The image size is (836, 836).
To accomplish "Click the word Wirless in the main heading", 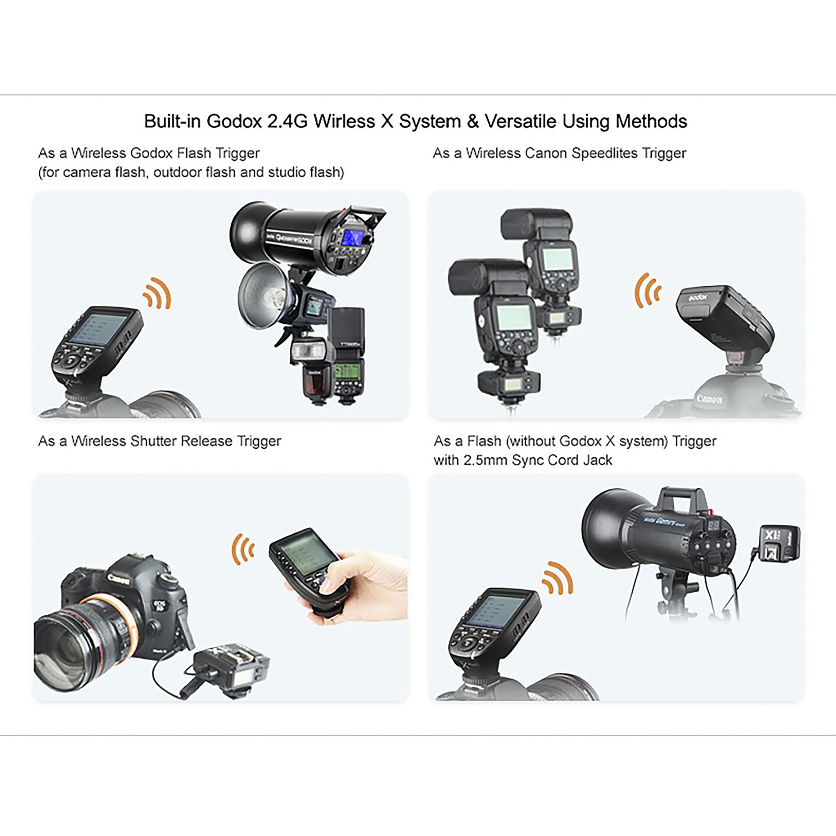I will point(345,121).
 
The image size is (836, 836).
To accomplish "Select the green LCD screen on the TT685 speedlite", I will point(349,372).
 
